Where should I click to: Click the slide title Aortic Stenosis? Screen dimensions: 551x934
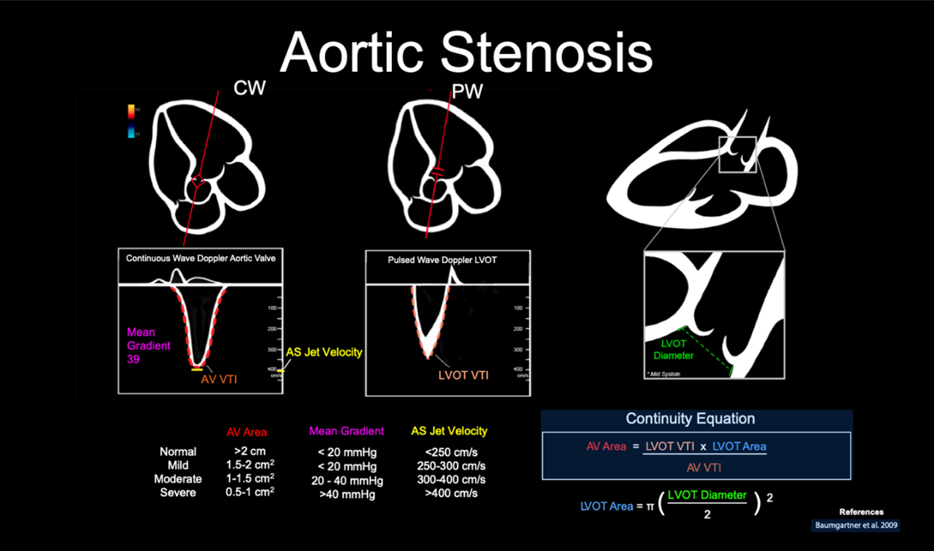tap(466, 51)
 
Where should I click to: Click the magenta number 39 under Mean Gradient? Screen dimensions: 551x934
tap(133, 359)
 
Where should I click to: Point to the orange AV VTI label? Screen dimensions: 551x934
tap(219, 379)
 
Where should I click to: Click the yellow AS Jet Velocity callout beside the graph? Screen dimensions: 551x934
tap(324, 352)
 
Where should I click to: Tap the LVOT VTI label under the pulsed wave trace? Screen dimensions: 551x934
tap(463, 375)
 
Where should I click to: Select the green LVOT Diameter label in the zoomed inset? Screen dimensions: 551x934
tap(673, 349)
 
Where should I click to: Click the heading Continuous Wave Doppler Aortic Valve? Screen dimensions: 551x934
tap(201, 258)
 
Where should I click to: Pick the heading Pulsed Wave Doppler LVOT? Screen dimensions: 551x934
tap(442, 260)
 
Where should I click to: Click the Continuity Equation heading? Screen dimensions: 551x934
tap(690, 418)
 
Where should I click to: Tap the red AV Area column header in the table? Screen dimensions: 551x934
tap(247, 432)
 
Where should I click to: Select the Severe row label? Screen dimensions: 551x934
tap(178, 493)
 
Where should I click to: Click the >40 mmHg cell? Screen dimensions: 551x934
tap(346, 494)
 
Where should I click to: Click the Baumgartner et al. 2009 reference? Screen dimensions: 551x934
tap(856, 525)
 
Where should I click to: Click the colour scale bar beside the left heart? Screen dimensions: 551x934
tap(132, 121)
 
